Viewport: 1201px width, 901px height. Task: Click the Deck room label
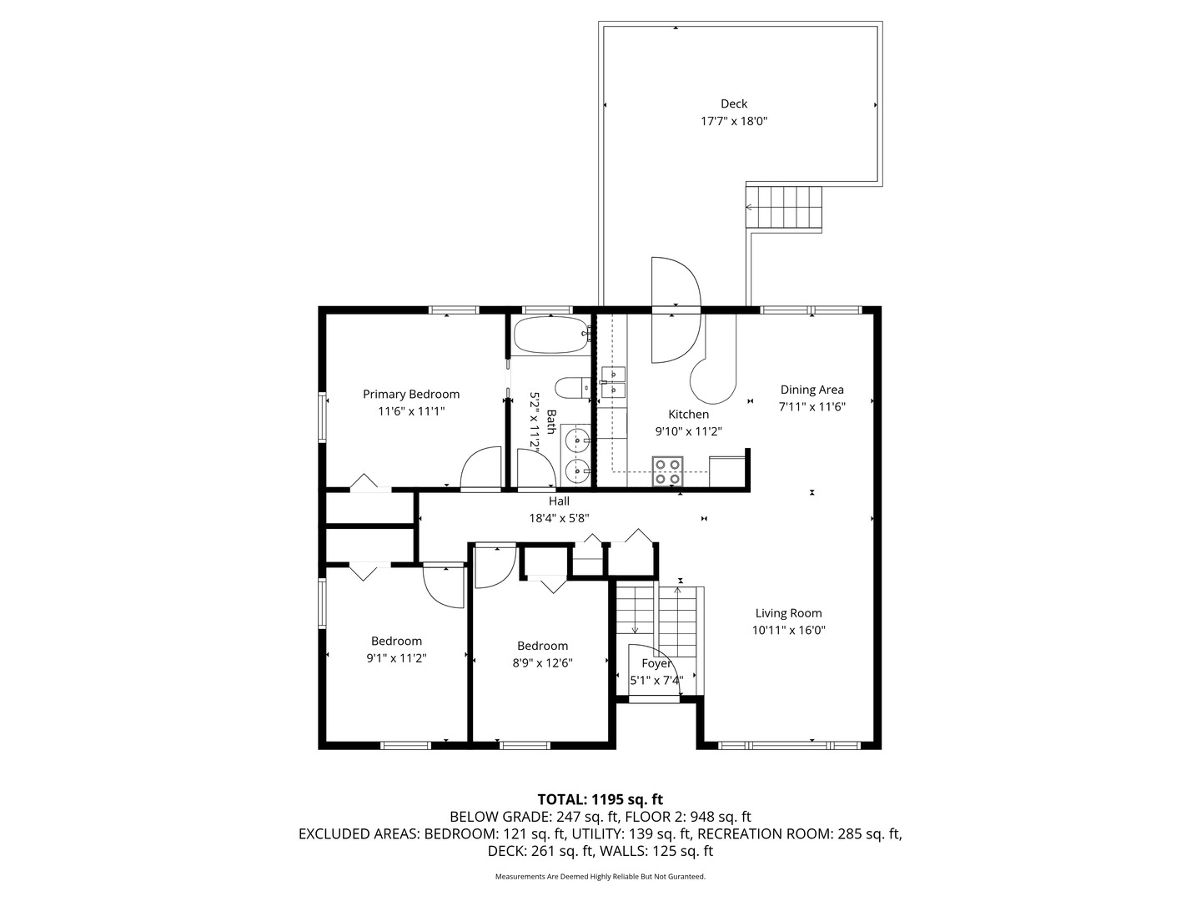(734, 103)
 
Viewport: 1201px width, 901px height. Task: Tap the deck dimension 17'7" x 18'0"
(734, 121)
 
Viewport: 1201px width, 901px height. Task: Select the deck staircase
(784, 208)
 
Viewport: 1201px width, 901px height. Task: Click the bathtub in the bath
(551, 335)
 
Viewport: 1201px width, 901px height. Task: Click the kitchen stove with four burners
(668, 471)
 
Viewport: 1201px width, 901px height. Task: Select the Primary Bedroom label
(410, 394)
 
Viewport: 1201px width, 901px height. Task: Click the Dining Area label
(812, 390)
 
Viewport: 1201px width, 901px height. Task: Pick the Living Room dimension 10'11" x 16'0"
(788, 631)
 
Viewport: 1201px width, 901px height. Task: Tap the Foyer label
(656, 663)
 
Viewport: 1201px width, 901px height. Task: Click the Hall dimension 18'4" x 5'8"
(559, 517)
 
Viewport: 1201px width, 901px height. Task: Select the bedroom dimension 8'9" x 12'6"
(542, 662)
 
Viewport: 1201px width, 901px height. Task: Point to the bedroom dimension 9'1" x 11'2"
(396, 657)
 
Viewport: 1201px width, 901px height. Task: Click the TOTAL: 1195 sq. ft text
(600, 798)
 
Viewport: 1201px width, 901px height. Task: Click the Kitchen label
(688, 414)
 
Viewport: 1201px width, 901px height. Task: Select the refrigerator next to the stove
(726, 471)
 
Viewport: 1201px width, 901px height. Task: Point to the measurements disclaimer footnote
(600, 877)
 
